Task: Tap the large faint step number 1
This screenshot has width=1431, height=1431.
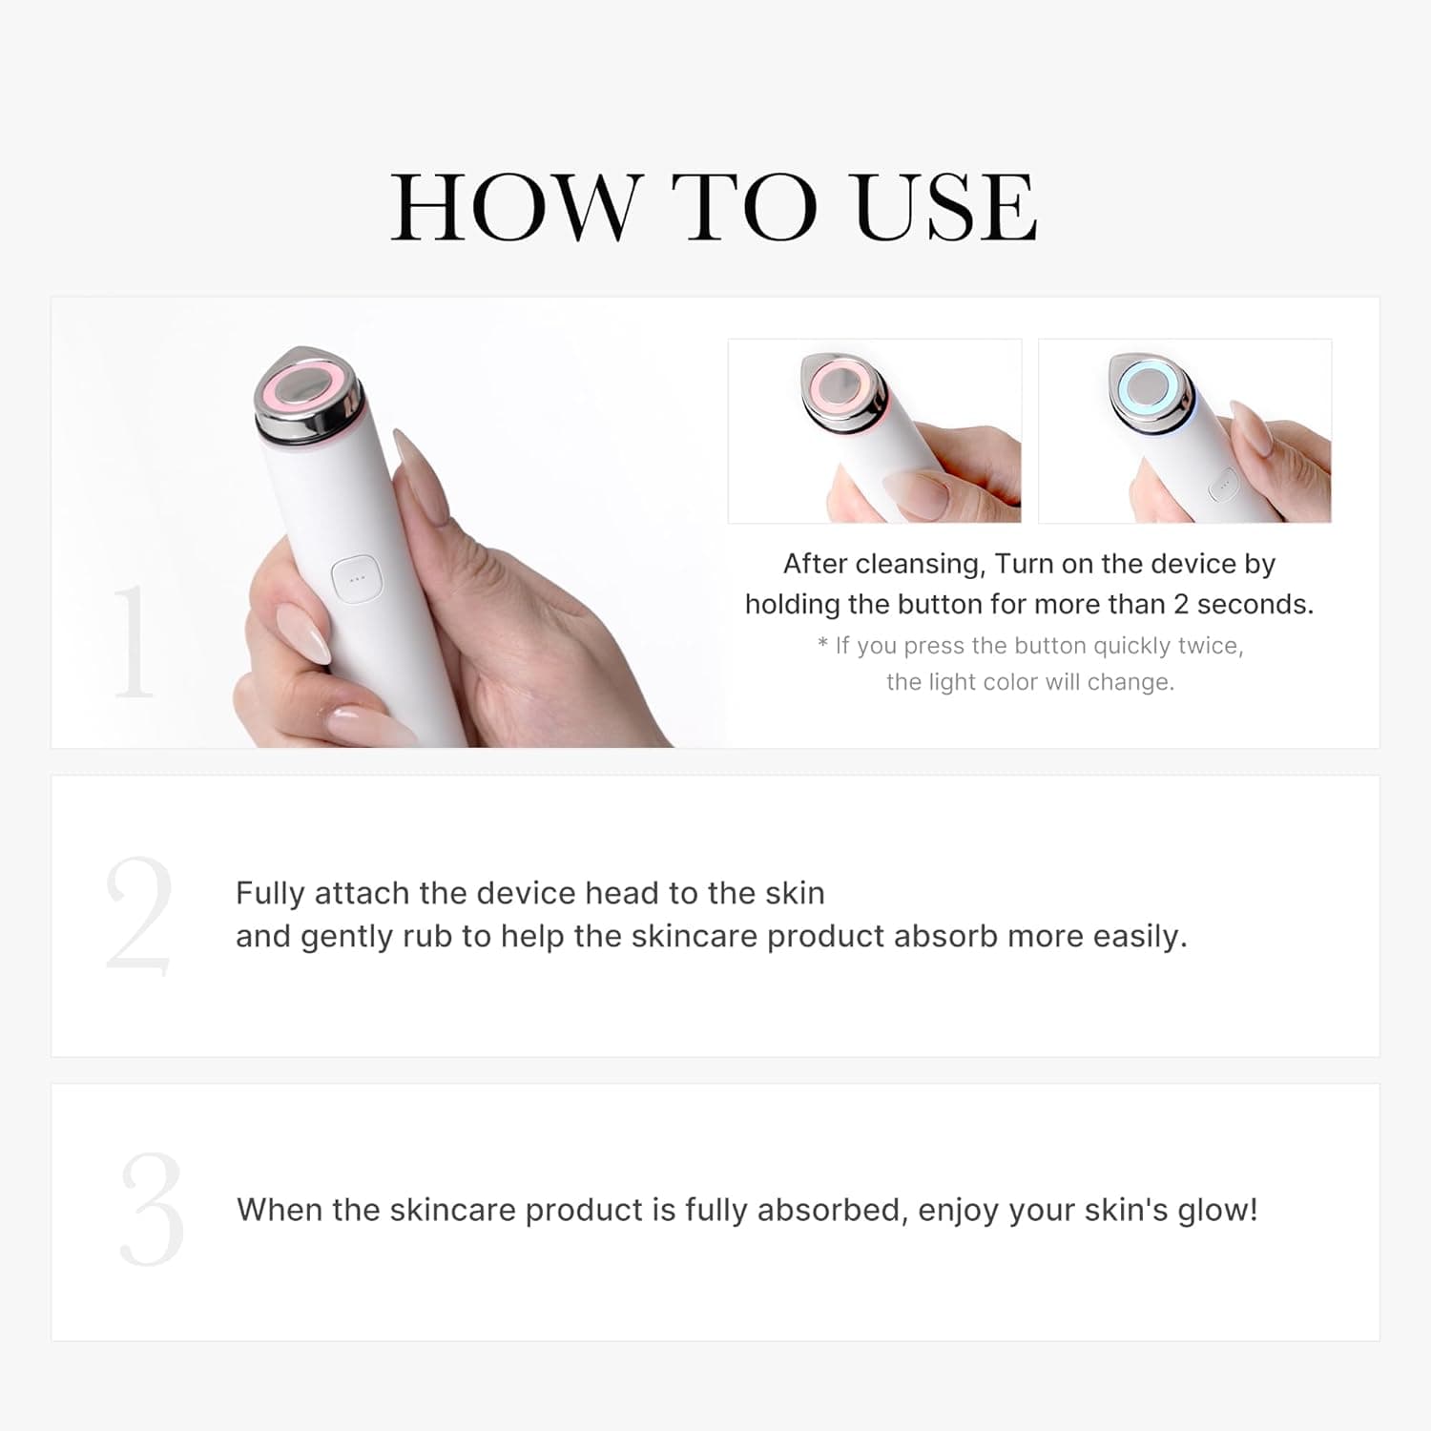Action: click(x=133, y=641)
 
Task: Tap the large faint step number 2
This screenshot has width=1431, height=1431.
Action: click(x=139, y=916)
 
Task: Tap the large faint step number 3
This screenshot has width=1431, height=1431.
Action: click(x=152, y=1210)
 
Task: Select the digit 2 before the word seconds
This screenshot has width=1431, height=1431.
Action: click(x=1180, y=605)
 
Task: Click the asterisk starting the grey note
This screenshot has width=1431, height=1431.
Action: click(x=822, y=644)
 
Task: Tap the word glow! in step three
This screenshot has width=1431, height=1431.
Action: click(x=1217, y=1210)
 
